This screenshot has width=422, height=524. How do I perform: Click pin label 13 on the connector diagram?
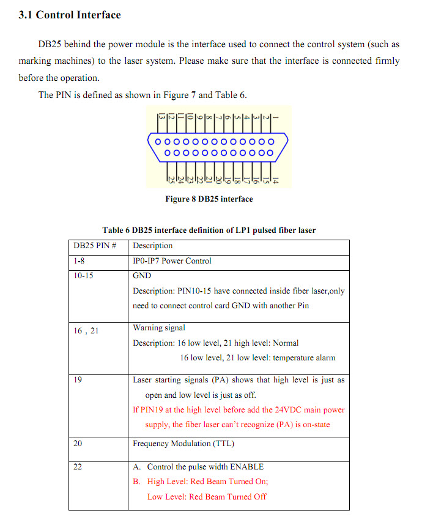[x=162, y=116]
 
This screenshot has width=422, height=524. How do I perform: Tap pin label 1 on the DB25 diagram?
[x=275, y=116]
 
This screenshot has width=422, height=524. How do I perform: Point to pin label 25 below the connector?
[x=171, y=180]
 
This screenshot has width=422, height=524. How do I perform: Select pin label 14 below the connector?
[x=275, y=180]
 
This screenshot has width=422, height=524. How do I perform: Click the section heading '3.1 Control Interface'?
[x=70, y=15]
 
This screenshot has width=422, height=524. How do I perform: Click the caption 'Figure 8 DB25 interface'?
[x=209, y=199]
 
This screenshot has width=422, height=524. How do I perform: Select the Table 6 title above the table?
[x=209, y=230]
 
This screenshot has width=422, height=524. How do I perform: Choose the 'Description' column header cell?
[x=153, y=246]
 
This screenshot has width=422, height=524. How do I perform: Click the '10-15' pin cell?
[x=83, y=276]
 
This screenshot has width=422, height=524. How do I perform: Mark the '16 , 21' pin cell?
[x=86, y=331]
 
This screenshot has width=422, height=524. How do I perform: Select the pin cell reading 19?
[x=78, y=380]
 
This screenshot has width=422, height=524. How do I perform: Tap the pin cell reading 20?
[x=78, y=444]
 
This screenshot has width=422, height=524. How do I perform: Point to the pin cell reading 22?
[x=78, y=467]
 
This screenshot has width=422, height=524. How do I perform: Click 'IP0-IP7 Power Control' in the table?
[x=172, y=261]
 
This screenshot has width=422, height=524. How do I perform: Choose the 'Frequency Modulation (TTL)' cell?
[x=183, y=444]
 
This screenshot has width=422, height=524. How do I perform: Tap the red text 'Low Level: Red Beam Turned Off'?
[x=207, y=497]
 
